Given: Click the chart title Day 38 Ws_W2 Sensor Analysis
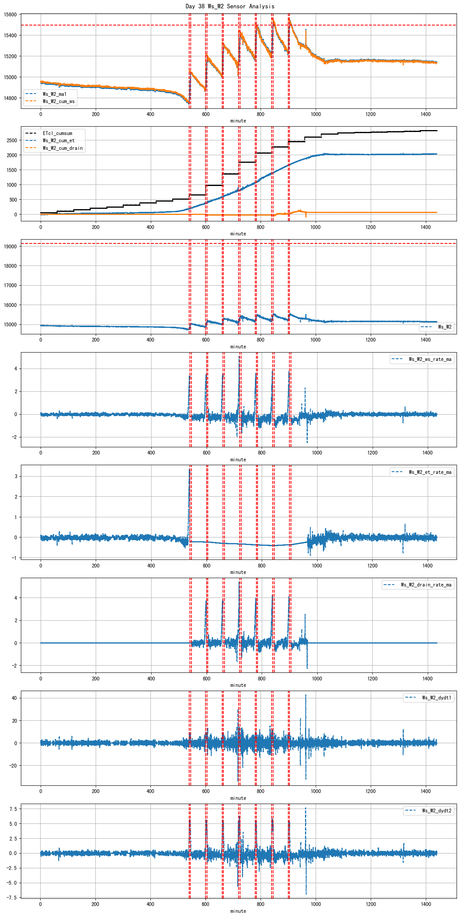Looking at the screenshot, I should tap(230, 6).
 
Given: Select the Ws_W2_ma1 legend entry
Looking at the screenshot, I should tap(54, 94).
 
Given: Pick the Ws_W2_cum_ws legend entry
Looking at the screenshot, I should tap(58, 101).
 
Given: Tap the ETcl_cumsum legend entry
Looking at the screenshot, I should tap(57, 133).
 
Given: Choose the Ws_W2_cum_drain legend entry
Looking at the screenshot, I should tap(63, 148).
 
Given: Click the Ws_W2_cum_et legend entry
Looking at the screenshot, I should tap(58, 140).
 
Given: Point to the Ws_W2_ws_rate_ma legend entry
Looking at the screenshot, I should tap(430, 359).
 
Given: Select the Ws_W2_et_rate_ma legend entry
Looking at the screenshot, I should tap(430, 472).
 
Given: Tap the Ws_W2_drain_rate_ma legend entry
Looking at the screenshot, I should tap(426, 585).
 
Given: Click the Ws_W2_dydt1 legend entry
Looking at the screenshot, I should tap(436, 698).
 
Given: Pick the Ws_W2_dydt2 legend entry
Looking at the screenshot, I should tap(436, 811).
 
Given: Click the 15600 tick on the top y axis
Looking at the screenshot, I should tap(10, 14).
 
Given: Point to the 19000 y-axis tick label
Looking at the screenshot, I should tap(10, 246).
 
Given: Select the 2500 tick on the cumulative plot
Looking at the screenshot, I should tap(12, 140).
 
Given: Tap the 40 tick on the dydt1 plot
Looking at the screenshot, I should tap(14, 698).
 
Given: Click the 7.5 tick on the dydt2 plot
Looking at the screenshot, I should tap(13, 809).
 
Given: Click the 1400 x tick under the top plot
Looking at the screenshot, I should tap(425, 114).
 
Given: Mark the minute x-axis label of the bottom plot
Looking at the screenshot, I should tap(238, 911).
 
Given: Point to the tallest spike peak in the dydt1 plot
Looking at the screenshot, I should tap(306, 695).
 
